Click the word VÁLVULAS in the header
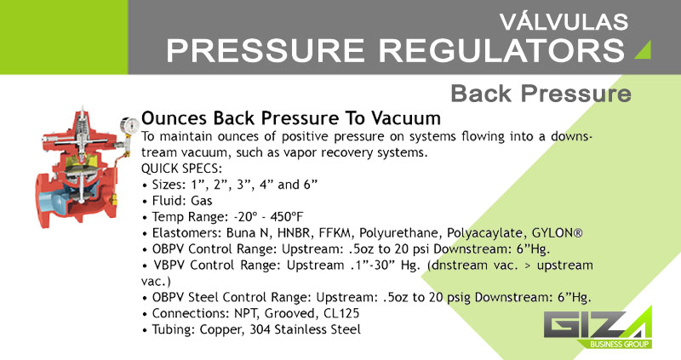pos(564,21)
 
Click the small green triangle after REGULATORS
pos(644,50)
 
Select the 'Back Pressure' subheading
pos(541,94)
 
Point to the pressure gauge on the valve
pos(129,125)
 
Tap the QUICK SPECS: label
pos(181,169)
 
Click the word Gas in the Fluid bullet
pos(202,201)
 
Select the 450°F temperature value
pos(287,217)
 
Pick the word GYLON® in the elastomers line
pos(558,233)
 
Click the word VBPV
pos(169,265)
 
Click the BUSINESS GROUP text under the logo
pos(620,345)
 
